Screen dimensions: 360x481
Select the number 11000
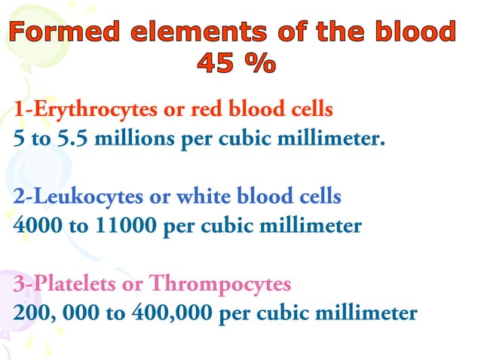tap(121, 226)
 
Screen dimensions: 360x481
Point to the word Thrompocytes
tap(220, 284)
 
